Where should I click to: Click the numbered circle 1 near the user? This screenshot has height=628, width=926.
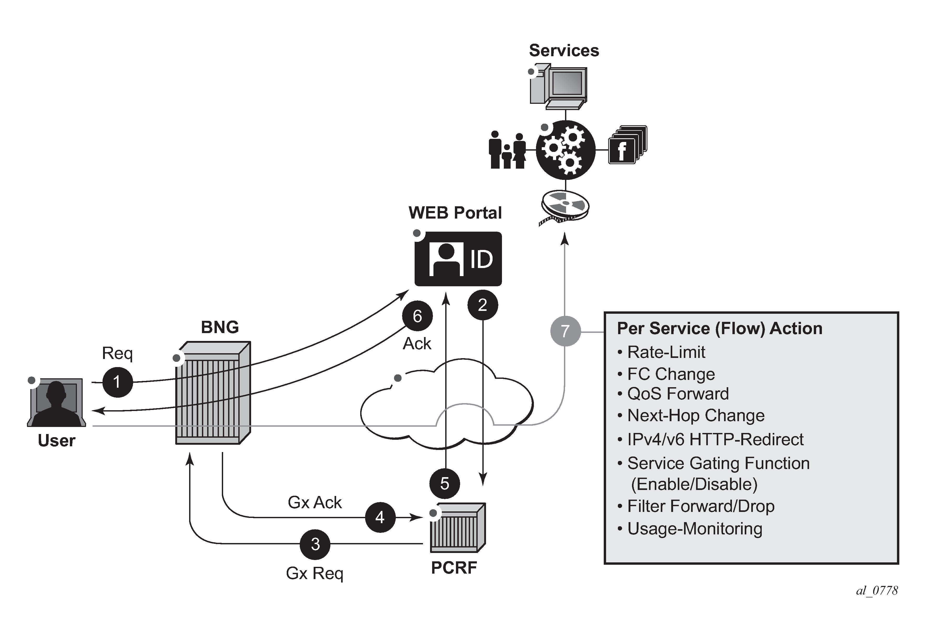click(117, 382)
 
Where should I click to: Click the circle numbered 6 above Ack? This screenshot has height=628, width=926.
click(417, 316)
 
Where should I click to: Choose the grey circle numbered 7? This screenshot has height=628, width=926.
click(565, 331)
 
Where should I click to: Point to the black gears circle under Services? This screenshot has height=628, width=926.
click(565, 150)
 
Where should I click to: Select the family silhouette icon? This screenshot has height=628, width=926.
click(507, 150)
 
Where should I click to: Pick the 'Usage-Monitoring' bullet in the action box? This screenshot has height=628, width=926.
click(694, 528)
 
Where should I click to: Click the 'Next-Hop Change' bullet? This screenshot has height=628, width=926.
click(695, 415)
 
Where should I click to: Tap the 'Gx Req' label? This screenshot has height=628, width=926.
click(314, 573)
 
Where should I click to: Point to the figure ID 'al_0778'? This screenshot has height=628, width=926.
click(877, 590)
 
